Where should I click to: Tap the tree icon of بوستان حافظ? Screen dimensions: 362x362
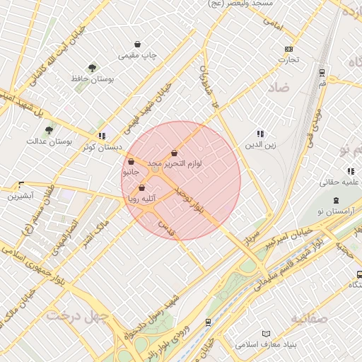[92, 68]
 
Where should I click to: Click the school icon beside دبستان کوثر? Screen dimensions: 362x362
[103, 136]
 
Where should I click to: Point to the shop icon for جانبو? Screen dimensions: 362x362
[132, 162]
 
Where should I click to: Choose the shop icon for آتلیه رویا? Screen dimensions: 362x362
[142, 188]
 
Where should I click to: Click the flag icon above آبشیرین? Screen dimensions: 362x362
[20, 185]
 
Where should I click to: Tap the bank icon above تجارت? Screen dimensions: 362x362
[288, 49]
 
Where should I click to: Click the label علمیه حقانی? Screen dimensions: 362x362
[340, 182]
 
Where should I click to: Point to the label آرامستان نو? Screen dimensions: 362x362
[340, 213]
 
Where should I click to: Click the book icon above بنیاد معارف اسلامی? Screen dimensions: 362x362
[266, 334]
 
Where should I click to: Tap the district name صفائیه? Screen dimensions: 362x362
[308, 318]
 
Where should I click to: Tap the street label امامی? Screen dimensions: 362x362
[272, 23]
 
